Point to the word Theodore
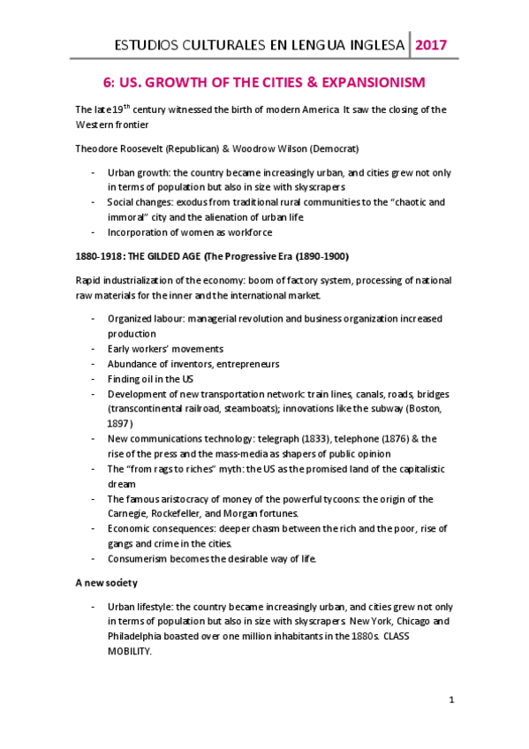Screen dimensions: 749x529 pyautogui.click(x=100, y=148)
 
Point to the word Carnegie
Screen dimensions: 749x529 pyautogui.click(x=132, y=514)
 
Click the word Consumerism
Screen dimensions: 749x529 pyautogui.click(x=140, y=559)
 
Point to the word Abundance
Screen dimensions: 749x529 pyautogui.click(x=134, y=364)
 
